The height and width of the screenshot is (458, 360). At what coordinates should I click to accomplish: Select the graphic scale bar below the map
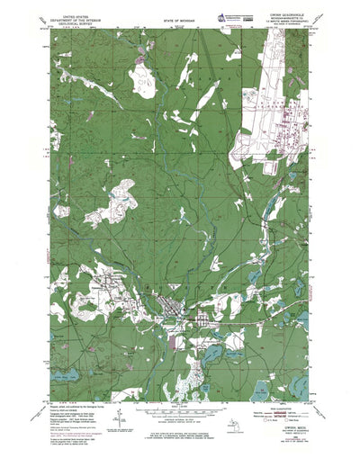click(x=180, y=384)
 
